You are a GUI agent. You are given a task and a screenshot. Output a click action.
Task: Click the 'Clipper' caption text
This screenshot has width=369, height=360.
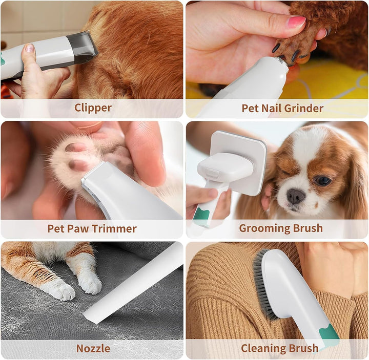coord(93,108)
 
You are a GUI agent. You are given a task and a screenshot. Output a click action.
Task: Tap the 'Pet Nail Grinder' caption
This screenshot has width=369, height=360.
coord(282,108)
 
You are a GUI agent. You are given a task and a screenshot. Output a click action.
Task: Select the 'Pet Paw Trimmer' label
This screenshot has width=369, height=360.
coord(92,228)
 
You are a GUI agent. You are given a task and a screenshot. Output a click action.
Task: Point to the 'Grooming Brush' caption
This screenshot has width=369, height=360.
coord(281,228)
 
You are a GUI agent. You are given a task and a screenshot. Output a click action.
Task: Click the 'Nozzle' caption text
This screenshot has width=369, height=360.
coord(93,348)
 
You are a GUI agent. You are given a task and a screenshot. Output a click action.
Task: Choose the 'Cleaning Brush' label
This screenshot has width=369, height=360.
coord(279,348)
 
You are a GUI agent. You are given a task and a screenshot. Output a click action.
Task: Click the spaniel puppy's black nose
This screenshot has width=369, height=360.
coord(296,196)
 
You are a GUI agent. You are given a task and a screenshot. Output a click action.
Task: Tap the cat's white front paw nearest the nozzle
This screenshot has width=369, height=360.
coord(90,284)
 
